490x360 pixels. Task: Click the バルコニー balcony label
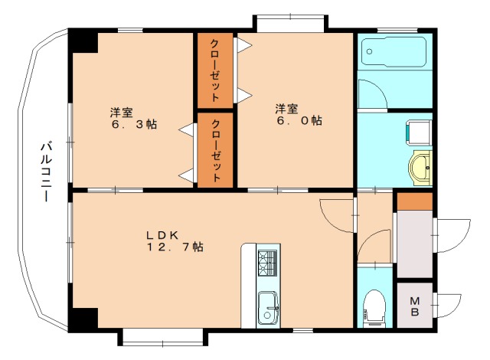(46, 172)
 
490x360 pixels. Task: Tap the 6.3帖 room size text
(135, 124)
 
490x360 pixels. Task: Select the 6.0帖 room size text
(299, 120)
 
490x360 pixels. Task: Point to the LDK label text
(162, 235)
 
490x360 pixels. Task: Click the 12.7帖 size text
(175, 247)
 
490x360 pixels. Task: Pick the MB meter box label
(415, 306)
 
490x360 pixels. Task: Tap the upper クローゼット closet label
(214, 70)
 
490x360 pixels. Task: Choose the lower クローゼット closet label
(216, 150)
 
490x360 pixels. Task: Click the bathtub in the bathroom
(394, 52)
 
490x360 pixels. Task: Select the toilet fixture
(374, 308)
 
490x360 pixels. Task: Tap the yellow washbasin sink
(420, 168)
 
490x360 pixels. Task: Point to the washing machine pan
(419, 133)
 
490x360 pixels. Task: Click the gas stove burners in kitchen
(267, 263)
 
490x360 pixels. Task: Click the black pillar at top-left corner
(83, 41)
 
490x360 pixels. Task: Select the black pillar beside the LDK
(83, 319)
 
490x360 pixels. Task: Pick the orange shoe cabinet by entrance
(415, 201)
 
